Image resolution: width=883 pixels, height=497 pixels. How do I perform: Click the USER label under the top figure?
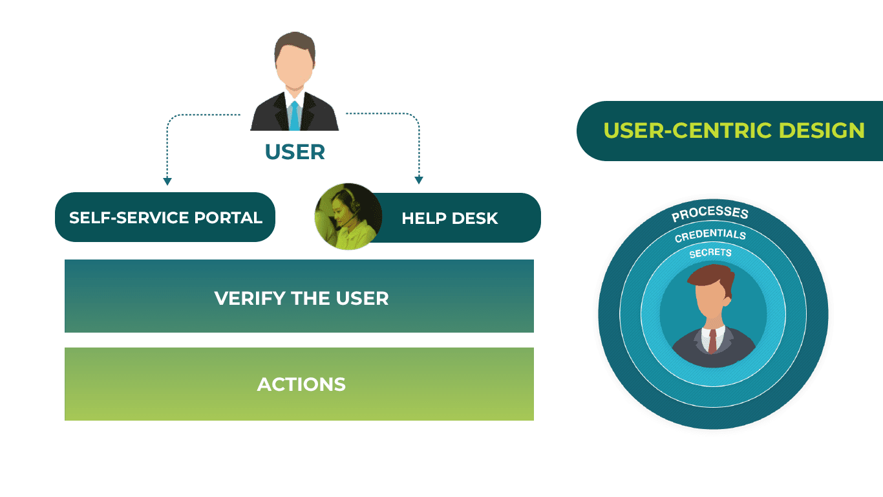click(294, 152)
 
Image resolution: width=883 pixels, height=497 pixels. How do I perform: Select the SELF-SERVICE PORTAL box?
click(165, 217)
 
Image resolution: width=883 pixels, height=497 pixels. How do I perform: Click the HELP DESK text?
click(449, 218)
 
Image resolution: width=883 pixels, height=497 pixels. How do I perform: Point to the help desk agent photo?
click(348, 217)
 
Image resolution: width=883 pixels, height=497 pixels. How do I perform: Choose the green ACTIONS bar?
click(299, 384)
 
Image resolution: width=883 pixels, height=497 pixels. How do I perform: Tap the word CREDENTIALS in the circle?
click(710, 236)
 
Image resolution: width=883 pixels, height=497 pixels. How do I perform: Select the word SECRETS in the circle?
click(710, 253)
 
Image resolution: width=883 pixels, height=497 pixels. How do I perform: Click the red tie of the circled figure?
click(712, 340)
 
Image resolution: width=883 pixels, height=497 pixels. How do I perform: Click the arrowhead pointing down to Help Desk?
click(418, 179)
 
